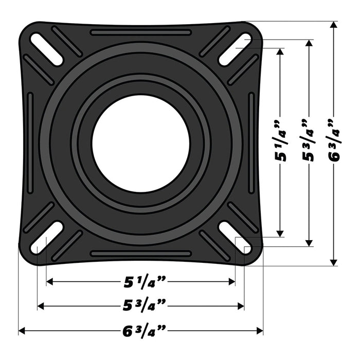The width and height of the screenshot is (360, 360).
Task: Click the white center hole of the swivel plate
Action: (x=140, y=143)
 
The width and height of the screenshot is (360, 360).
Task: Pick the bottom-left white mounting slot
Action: (x=47, y=237)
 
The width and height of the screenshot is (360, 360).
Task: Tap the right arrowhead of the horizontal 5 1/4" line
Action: (x=232, y=282)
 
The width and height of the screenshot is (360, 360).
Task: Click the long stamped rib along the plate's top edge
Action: (x=140, y=32)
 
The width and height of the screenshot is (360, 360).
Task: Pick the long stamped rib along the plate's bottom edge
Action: (x=140, y=254)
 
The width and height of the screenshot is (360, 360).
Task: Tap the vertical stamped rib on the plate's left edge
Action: (x=30, y=143)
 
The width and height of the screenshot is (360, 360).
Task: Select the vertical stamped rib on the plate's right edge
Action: (x=251, y=143)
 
